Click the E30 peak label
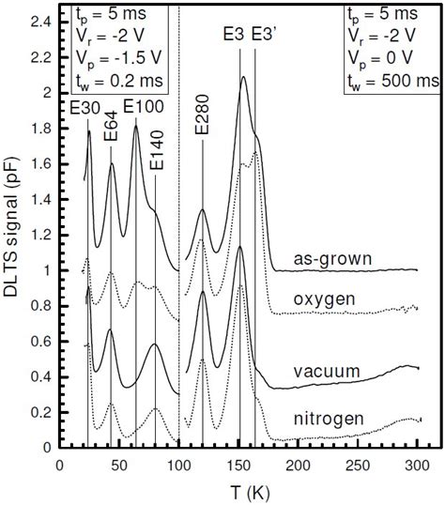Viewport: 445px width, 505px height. (81, 107)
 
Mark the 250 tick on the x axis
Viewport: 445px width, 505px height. (358, 465)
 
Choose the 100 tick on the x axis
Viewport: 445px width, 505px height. (178, 465)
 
